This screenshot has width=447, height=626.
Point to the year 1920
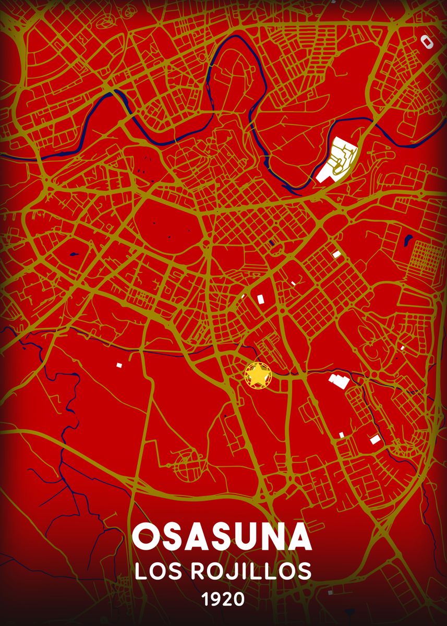[223, 600]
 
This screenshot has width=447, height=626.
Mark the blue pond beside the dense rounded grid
[408, 240]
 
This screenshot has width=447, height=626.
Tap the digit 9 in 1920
[215, 600]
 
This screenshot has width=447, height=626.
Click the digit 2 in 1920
[227, 600]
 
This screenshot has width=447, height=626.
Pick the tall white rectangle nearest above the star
[260, 298]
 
